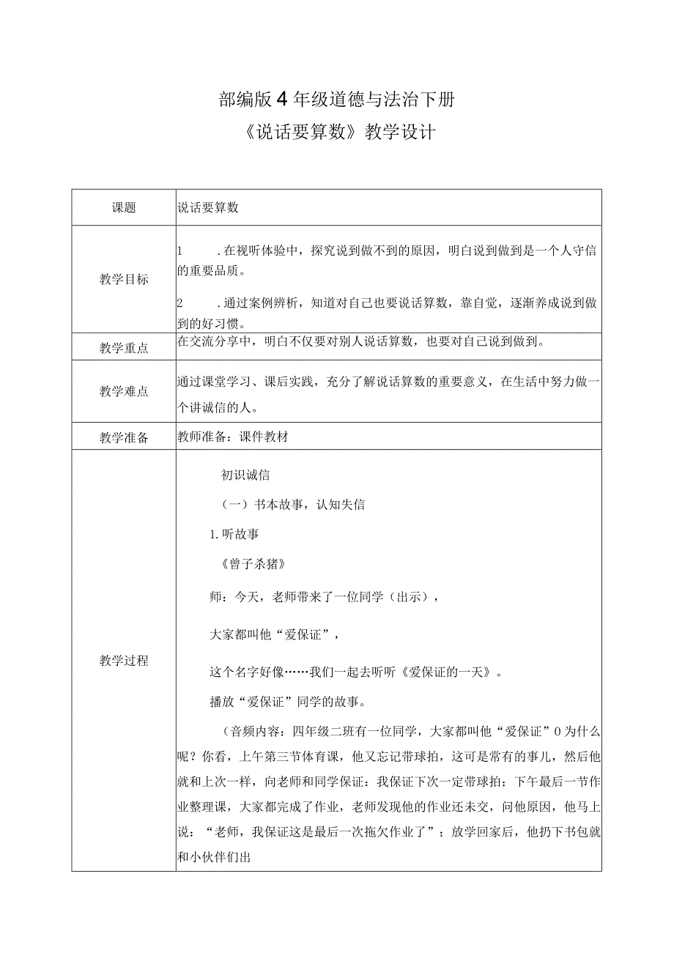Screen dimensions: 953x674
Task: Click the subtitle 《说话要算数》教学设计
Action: click(337, 133)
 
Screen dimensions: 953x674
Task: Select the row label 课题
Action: click(124, 207)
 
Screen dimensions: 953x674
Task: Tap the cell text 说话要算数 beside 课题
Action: click(209, 207)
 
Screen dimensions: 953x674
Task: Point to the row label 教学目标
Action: click(124, 279)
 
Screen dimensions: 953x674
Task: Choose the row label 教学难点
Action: click(124, 391)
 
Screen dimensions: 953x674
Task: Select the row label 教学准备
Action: click(124, 437)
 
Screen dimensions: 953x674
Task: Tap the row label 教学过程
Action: click(124, 661)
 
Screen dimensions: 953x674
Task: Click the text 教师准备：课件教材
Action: click(234, 437)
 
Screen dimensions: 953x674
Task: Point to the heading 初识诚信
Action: click(246, 475)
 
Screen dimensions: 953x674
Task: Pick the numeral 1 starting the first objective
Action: click(180, 251)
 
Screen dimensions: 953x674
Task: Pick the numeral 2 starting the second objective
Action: click(180, 303)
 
